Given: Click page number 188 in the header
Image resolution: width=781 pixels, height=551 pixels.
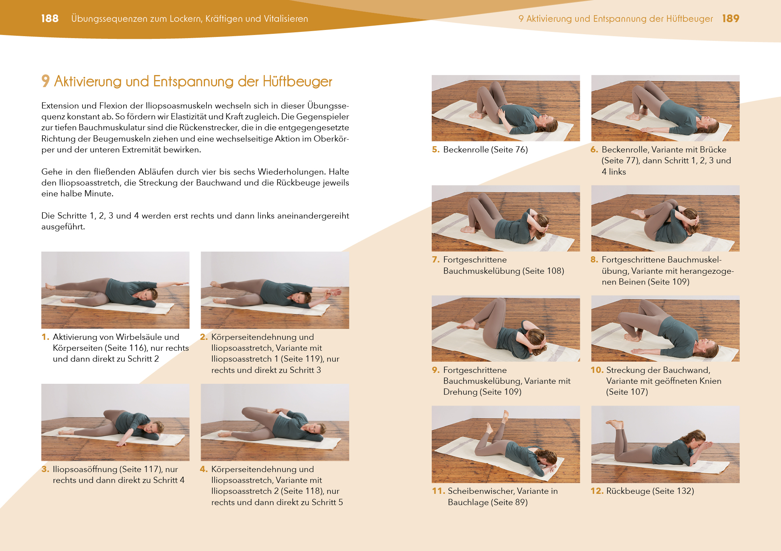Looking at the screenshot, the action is point(50,18).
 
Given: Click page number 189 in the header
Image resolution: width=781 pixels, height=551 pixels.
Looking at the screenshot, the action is point(730,18).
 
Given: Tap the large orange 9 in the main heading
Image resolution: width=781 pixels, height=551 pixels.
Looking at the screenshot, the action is point(46,81).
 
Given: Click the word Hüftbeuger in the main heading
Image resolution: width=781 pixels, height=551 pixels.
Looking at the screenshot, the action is point(297,81).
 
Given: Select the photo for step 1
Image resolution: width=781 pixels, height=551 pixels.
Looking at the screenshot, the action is point(116,290).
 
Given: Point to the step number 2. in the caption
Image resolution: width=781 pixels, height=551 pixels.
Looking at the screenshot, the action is point(204,337).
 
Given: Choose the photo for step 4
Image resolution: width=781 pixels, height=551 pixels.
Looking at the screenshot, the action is point(275,422).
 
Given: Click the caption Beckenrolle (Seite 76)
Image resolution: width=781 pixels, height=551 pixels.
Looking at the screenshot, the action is point(485,149).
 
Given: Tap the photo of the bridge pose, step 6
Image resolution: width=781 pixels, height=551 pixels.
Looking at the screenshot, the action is point(665,108).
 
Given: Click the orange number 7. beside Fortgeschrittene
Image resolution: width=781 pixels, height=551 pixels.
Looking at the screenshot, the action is point(436,259).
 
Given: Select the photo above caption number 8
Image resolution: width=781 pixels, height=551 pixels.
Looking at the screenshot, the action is point(665,218).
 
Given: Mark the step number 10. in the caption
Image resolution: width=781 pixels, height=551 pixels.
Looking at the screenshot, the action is point(597,370).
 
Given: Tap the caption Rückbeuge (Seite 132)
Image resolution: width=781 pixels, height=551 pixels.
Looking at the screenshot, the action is point(650,491).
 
